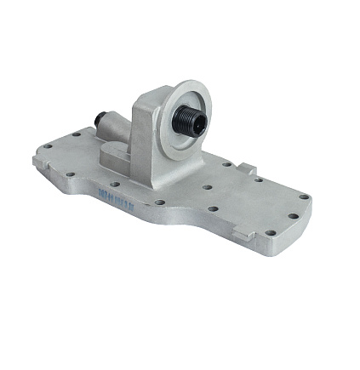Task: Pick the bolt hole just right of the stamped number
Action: pos(159,202)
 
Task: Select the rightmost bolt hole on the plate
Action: pos(294,216)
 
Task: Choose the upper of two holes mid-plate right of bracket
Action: pos(209,185)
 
